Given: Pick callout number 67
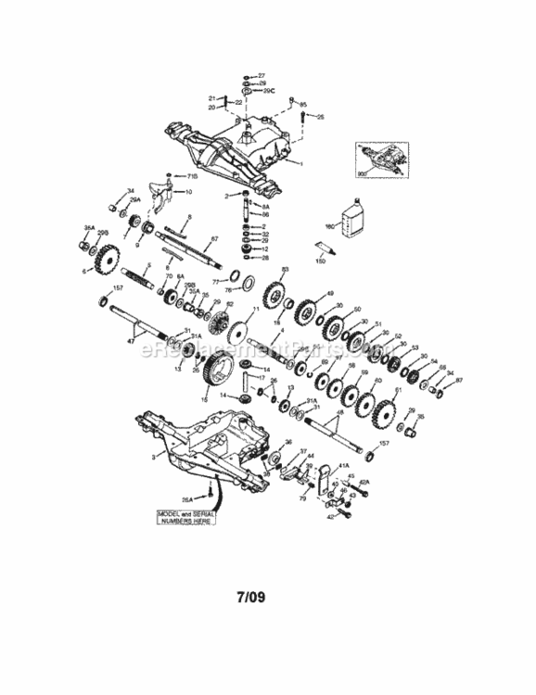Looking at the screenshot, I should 213,239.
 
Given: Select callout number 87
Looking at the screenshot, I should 459,380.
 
